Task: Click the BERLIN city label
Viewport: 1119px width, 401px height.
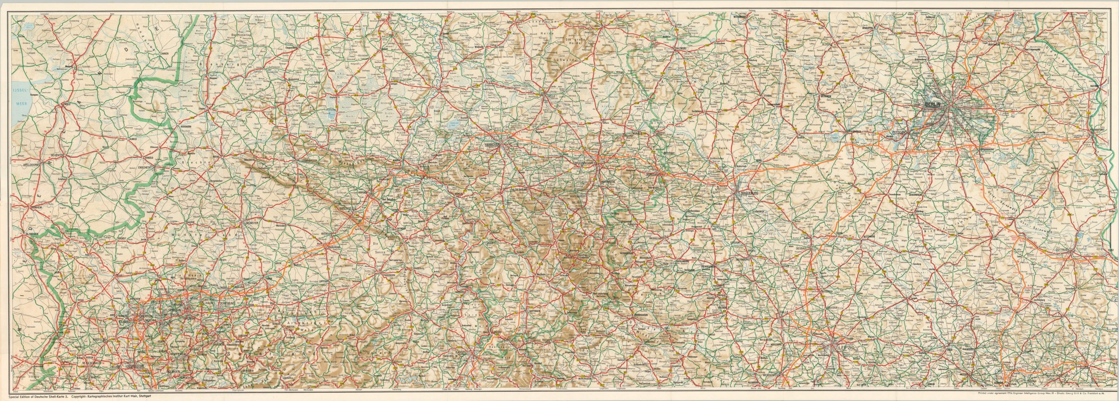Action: click(937, 105)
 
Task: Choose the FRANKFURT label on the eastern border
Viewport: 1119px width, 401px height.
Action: click(1102, 130)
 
